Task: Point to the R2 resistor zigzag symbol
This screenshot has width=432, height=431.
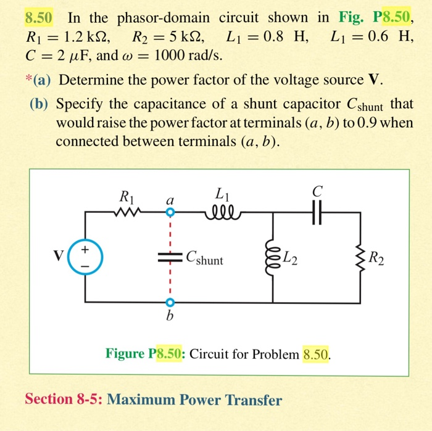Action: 361,258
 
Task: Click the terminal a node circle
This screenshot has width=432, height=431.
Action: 170,213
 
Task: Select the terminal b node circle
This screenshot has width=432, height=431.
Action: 170,303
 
